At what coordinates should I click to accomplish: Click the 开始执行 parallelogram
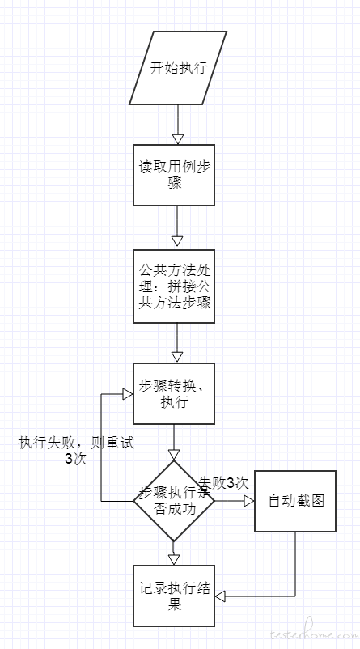pos(178,68)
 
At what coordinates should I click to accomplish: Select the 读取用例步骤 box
pos(174,175)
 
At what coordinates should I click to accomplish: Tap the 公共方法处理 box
pos(174,286)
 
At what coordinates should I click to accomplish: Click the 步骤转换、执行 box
pos(174,393)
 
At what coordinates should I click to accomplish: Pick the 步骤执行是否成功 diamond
pos(174,501)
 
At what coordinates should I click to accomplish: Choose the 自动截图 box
pos(295,501)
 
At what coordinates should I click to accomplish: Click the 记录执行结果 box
pos(174,596)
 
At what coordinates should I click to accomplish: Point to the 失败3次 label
pos(224,482)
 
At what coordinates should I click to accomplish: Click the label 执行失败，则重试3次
pos(77,451)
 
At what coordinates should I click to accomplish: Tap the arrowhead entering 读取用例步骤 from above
pos(178,139)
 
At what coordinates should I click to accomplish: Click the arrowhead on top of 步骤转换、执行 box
pos(177,358)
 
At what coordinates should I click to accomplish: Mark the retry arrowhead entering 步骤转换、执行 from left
pos(128,393)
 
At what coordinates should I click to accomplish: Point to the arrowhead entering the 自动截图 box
pos(248,501)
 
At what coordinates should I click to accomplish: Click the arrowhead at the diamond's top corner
pos(174,455)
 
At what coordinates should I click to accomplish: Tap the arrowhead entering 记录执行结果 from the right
pos(220,596)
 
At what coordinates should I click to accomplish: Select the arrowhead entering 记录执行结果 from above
pos(174,560)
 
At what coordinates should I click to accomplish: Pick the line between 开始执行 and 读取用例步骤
pos(178,119)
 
